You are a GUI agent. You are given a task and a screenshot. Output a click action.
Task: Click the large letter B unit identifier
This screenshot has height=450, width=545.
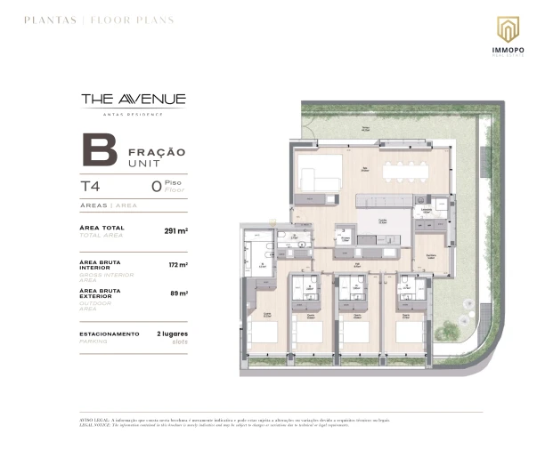click(x=98, y=150)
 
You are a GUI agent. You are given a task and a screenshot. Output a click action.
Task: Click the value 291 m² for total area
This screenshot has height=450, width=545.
click(x=175, y=230)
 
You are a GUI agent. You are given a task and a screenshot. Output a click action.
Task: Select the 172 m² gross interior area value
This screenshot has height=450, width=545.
click(x=178, y=265)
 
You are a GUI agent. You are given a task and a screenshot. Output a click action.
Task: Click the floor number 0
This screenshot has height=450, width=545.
click(x=156, y=187)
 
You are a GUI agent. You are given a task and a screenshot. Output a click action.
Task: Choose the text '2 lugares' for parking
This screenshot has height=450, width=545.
click(x=172, y=333)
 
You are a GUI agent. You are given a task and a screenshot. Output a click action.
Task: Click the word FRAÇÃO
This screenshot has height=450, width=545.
click(x=157, y=152)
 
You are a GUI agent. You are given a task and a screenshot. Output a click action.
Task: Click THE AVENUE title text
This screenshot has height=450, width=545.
click(x=133, y=99)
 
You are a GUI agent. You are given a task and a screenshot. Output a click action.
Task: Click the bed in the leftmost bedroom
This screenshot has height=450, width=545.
click(x=264, y=333)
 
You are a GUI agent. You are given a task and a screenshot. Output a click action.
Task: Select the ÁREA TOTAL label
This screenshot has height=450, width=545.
click(x=102, y=228)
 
